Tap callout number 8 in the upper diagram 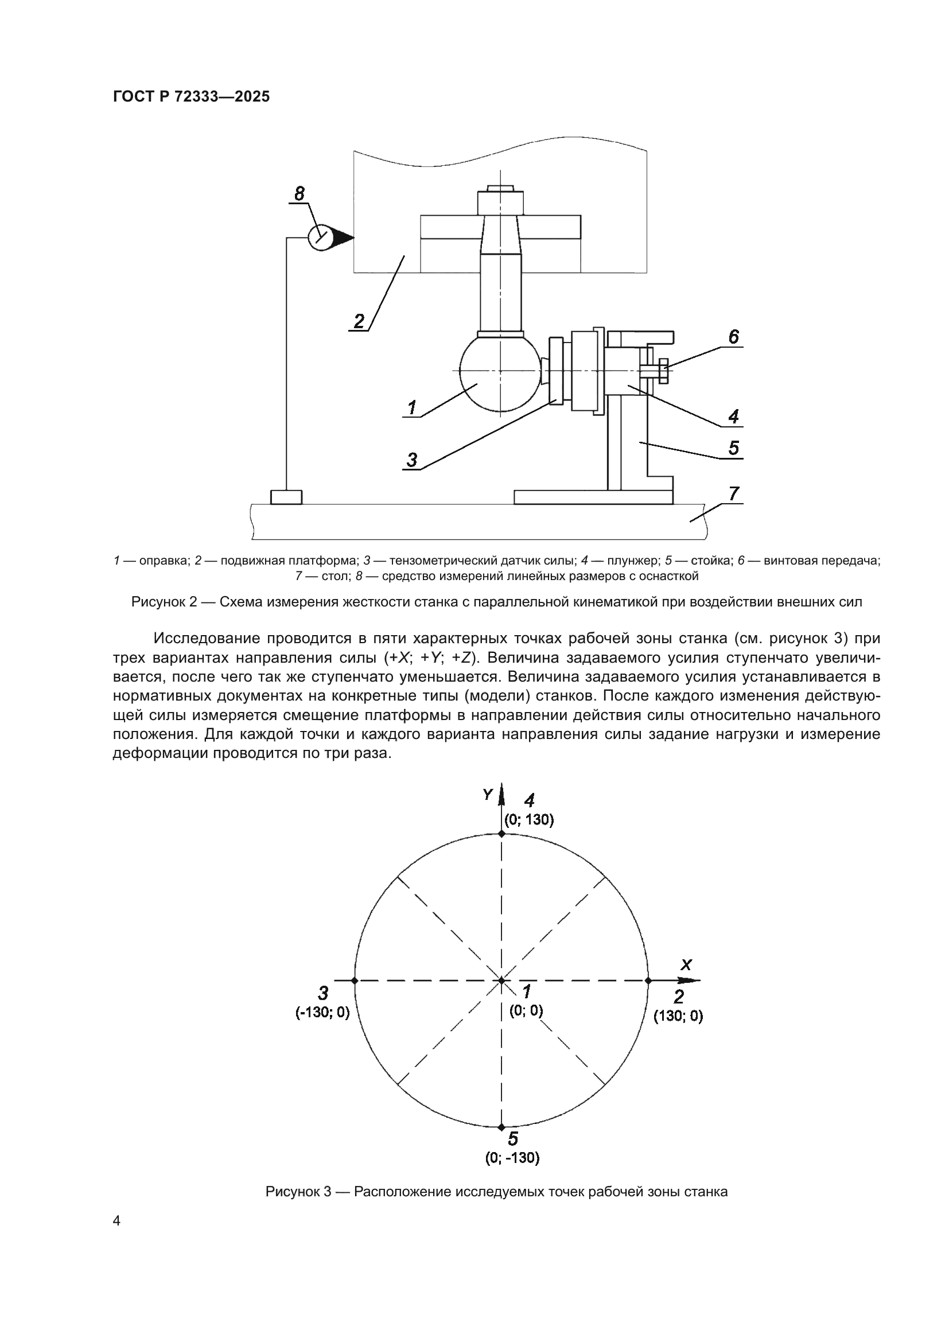tap(299, 193)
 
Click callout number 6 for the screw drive tap(733, 337)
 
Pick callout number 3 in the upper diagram tap(412, 460)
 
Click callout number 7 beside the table tap(734, 494)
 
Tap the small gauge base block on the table tap(286, 497)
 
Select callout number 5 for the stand tap(733, 448)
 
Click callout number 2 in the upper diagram tap(359, 321)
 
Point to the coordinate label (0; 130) tap(529, 820)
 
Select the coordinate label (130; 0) tap(678, 1016)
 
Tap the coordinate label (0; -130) tap(512, 1158)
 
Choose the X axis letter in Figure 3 tap(686, 965)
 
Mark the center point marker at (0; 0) tap(501, 981)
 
